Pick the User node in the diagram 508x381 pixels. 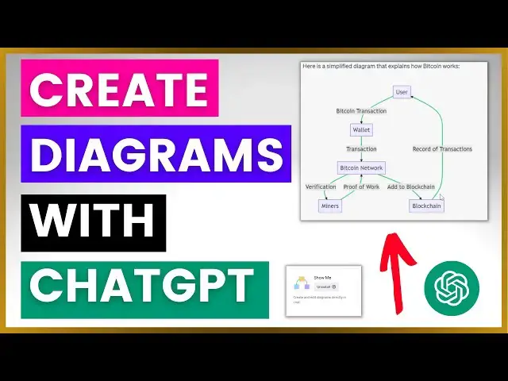tap(402, 92)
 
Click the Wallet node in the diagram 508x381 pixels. tap(360, 129)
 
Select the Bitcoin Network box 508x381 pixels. tap(361, 167)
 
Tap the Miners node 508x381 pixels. tap(329, 206)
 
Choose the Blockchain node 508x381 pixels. tap(426, 206)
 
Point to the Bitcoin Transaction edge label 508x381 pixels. tap(361, 110)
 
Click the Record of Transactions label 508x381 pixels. tap(442, 148)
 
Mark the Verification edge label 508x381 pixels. tap(321, 187)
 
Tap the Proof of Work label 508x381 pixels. tap(361, 187)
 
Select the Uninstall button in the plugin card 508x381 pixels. tap(325, 286)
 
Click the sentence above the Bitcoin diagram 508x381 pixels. tap(381, 67)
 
